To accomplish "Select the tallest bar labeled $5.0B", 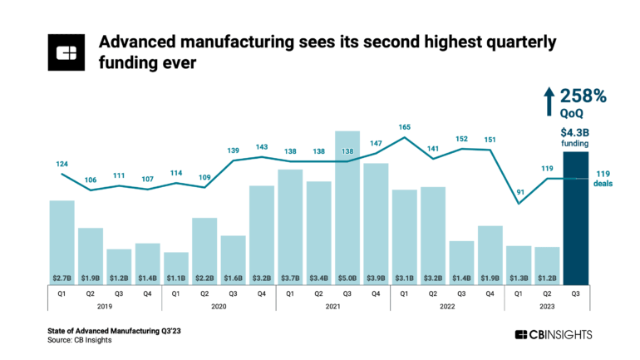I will (347, 207).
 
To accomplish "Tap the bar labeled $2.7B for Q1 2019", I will (62, 241).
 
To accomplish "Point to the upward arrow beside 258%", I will (548, 101).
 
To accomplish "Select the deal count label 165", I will (404, 127).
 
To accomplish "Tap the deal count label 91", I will (519, 194).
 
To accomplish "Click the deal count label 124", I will (62, 164).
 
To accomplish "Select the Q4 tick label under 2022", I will (490, 292).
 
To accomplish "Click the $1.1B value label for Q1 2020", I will (176, 277).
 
